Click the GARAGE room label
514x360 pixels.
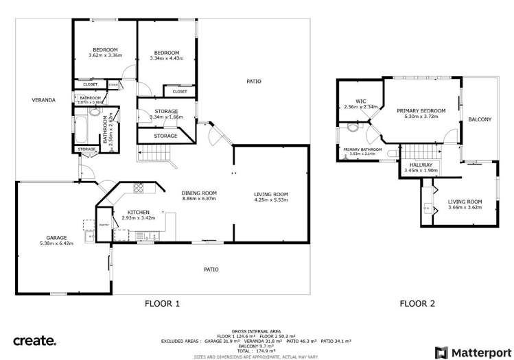[57, 237]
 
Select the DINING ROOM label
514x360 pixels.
[198, 193]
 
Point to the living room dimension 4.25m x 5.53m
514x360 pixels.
[271, 200]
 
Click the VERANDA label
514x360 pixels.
[43, 100]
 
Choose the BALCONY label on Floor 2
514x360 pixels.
[479, 119]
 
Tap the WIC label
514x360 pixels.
[361, 101]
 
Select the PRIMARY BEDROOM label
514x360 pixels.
[421, 110]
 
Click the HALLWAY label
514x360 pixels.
[421, 165]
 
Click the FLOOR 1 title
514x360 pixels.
[162, 303]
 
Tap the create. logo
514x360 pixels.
[35, 340]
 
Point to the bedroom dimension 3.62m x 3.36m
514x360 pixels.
[106, 56]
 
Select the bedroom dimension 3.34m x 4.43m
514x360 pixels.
[166, 59]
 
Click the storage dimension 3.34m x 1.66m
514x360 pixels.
[166, 117]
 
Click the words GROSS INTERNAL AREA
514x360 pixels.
[256, 329]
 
